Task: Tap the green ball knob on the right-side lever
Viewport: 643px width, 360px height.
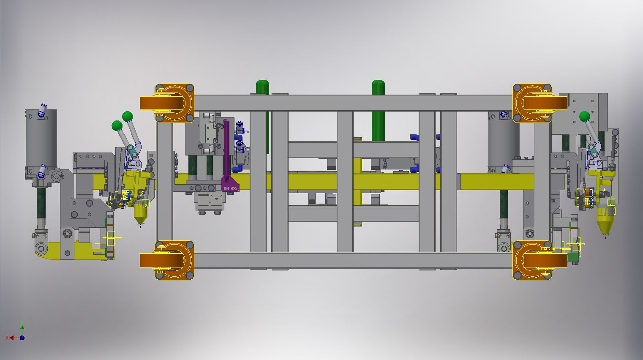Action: click(585, 117)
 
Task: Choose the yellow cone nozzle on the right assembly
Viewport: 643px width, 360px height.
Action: click(605, 226)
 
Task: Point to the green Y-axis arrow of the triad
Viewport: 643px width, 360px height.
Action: click(22, 327)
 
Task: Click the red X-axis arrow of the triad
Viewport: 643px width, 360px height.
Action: click(11, 338)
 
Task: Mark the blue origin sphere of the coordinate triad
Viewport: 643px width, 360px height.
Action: click(22, 338)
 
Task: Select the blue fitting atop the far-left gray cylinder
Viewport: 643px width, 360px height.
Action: click(43, 110)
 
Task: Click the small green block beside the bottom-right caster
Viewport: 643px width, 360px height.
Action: click(573, 257)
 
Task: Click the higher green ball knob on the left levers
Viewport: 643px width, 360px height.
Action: click(127, 116)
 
